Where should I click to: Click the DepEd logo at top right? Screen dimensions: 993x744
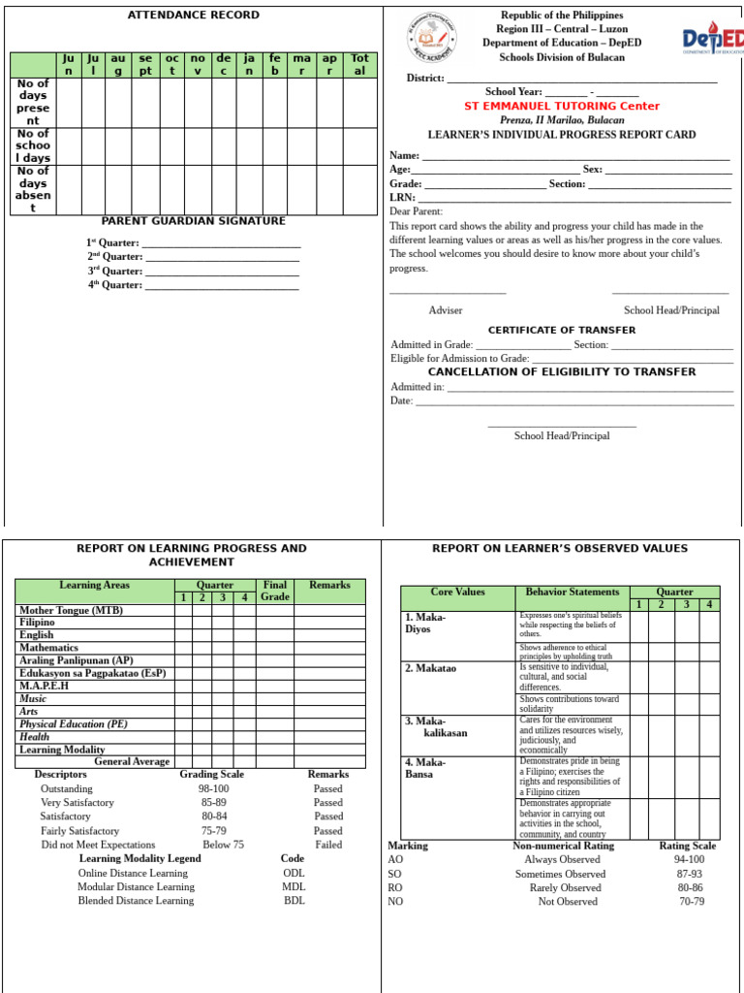click(x=712, y=40)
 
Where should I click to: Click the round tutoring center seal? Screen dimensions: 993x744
click(x=431, y=37)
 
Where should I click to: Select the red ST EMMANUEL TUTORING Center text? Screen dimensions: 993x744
click(x=562, y=106)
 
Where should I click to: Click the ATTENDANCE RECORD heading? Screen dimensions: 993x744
click(x=194, y=15)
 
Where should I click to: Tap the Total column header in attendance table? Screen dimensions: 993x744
click(x=359, y=65)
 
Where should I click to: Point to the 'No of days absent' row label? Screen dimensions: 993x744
click(x=33, y=189)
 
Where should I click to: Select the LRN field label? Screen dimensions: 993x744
click(x=402, y=197)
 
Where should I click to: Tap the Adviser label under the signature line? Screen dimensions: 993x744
click(x=446, y=310)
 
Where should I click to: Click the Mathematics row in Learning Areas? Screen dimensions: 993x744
click(x=49, y=648)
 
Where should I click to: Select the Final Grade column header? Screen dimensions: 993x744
click(x=275, y=591)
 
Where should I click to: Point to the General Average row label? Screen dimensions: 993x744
click(x=132, y=762)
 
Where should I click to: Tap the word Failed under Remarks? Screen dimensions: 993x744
click(x=328, y=845)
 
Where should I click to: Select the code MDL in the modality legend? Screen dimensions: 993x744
click(x=294, y=886)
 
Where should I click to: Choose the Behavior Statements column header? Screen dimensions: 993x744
click(x=572, y=592)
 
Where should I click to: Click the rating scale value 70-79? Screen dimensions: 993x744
click(x=691, y=901)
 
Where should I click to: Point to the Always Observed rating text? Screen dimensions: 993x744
click(x=562, y=860)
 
